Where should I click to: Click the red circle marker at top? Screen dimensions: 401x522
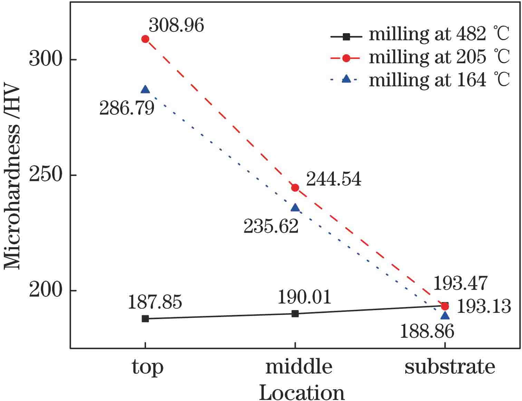tap(145, 39)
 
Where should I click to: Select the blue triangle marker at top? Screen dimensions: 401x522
tap(145, 90)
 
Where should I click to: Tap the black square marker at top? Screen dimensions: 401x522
tap(145, 318)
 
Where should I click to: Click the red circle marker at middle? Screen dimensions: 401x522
tap(295, 188)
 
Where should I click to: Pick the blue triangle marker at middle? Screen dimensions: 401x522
tap(295, 208)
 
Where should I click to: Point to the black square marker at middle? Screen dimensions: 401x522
tap(295, 314)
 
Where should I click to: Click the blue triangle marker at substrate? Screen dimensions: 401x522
tap(445, 316)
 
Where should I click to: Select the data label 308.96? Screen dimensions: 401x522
tap(176, 25)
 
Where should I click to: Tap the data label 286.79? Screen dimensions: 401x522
tap(127, 108)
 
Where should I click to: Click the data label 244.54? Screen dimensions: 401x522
tap(333, 179)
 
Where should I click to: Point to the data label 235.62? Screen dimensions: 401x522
tap(271, 227)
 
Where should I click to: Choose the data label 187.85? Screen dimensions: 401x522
tap(155, 302)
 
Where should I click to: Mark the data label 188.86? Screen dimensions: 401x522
tap(427, 332)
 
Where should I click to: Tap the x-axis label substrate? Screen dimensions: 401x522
tap(449, 367)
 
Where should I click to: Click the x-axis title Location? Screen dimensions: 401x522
tap(302, 392)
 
